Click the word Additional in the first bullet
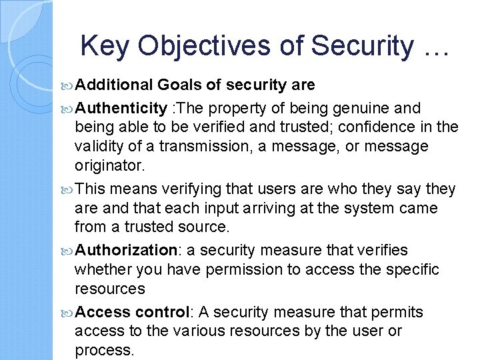(114, 85)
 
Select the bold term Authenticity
(121, 108)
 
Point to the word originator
(107, 164)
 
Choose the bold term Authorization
(124, 250)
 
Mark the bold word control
(162, 312)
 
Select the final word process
(104, 350)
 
